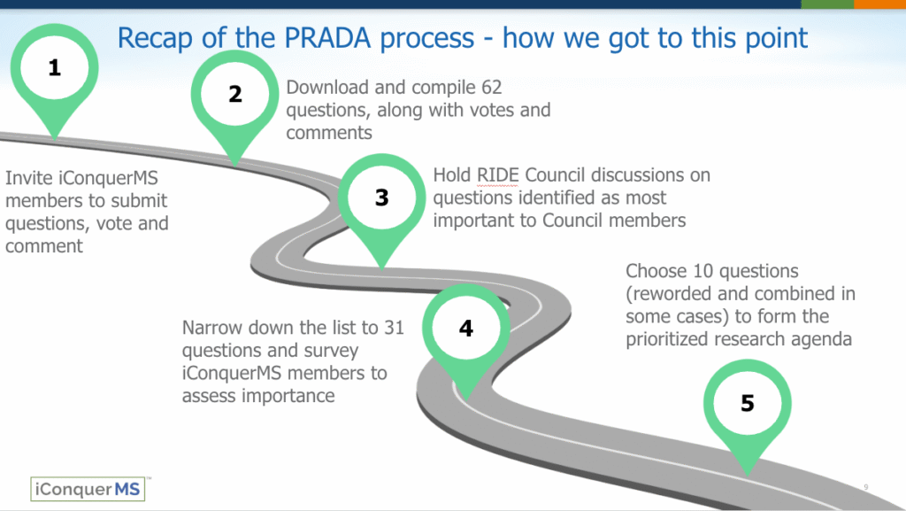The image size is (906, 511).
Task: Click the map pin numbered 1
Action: point(55,70)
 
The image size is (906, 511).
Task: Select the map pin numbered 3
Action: point(381,198)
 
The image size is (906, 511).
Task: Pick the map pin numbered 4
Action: point(466,329)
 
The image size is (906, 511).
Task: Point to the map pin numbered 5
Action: point(748,405)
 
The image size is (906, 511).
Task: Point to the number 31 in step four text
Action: point(393,328)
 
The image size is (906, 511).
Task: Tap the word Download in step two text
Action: point(330,88)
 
